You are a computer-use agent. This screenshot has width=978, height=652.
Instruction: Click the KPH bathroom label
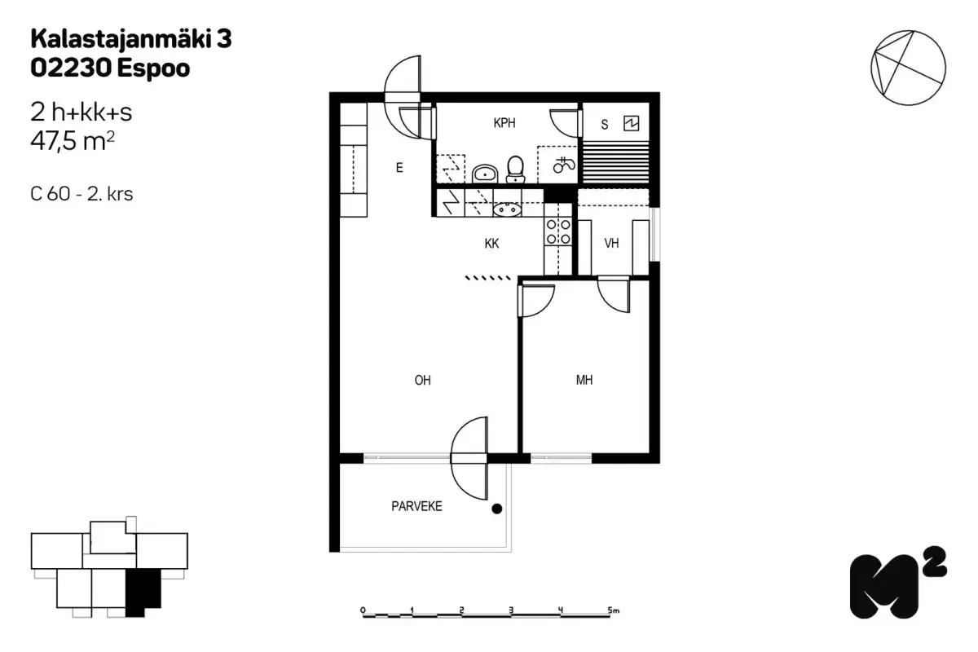click(x=504, y=124)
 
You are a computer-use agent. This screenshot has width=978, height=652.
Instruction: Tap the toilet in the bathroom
click(x=515, y=169)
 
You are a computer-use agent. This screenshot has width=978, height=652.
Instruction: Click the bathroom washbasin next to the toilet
click(x=486, y=173)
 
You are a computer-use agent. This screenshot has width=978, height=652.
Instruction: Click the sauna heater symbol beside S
click(x=631, y=124)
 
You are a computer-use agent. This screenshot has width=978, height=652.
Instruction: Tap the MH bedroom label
click(x=584, y=380)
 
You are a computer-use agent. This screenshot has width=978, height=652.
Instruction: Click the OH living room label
click(x=422, y=380)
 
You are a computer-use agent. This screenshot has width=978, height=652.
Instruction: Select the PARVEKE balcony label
click(x=416, y=506)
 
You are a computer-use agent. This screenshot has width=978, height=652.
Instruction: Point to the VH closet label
click(x=612, y=244)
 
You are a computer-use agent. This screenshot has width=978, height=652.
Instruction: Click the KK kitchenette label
click(x=491, y=244)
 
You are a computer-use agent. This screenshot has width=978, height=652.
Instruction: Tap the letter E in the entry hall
click(x=399, y=169)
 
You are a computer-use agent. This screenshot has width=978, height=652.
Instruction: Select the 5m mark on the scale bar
click(x=614, y=610)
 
